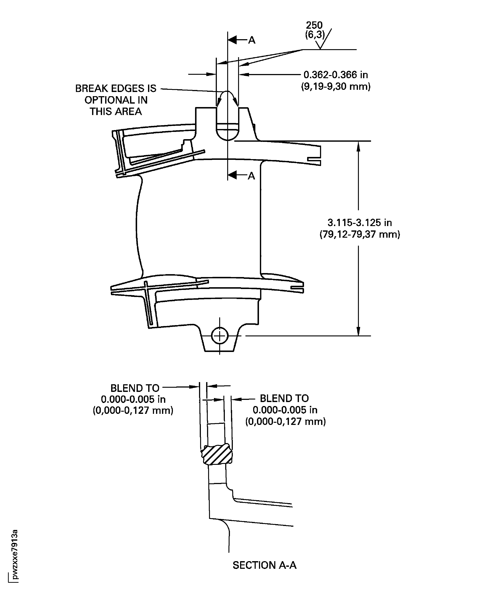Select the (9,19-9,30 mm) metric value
[x=336, y=87]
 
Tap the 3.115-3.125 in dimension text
[x=360, y=222]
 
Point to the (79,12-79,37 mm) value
[x=360, y=235]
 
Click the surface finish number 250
[x=314, y=25]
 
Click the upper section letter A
[x=252, y=40]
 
